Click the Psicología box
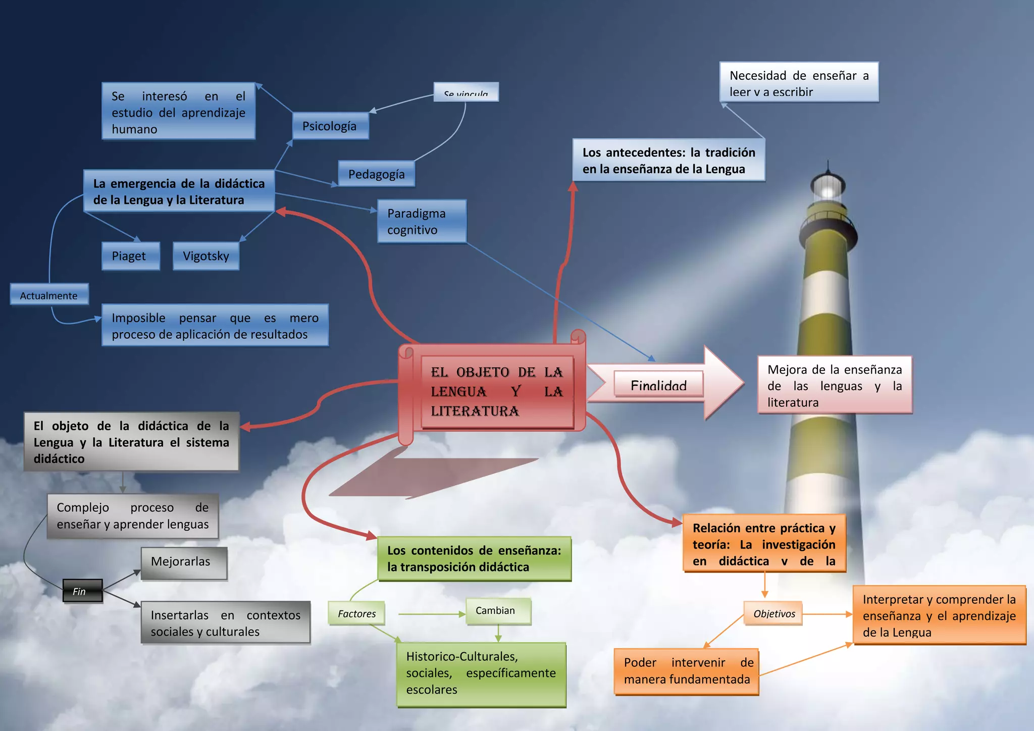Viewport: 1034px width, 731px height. tap(330, 126)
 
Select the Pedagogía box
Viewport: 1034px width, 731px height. tap(376, 174)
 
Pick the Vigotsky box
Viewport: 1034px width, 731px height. tap(205, 256)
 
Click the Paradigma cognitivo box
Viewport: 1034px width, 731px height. tap(422, 222)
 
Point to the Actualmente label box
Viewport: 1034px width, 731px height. tap(49, 295)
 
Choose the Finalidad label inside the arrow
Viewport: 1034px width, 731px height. tap(658, 385)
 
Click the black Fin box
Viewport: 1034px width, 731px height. tap(82, 591)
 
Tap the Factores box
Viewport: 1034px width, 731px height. tap(356, 613)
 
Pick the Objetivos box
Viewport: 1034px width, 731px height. tap(773, 613)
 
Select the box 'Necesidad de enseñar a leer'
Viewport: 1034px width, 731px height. tap(799, 83)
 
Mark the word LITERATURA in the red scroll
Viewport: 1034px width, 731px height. tap(475, 411)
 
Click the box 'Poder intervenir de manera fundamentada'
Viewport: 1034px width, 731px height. tap(687, 671)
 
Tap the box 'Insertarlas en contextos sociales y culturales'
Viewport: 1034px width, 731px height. tap(225, 623)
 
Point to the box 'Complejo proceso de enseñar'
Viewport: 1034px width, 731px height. tap(133, 516)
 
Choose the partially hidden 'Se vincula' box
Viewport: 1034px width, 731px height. tap(466, 92)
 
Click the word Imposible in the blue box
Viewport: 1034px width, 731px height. tap(138, 318)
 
